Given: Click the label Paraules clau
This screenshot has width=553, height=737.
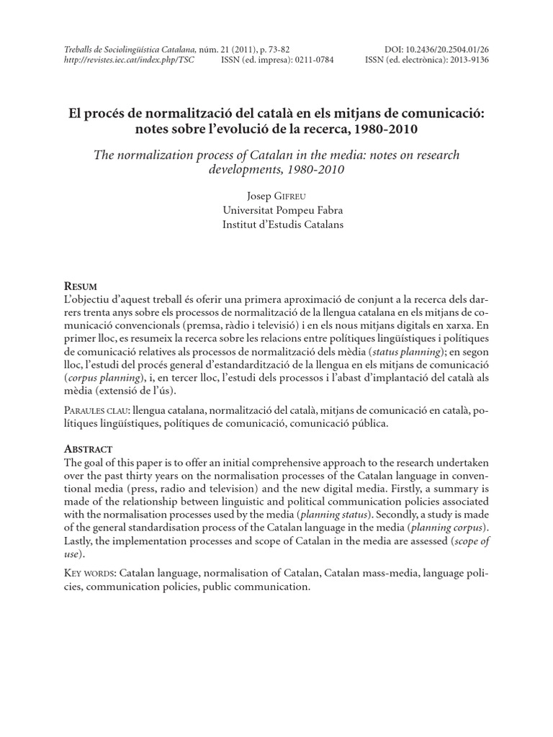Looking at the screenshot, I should pos(96,410).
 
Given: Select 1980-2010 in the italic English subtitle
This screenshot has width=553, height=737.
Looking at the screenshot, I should pos(304,170).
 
